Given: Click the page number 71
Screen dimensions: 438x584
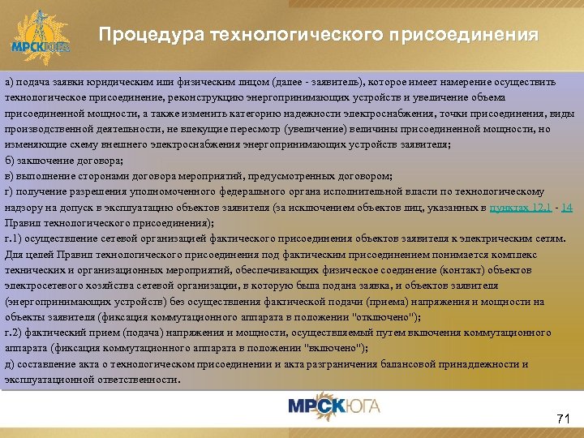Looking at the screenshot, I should (564, 419).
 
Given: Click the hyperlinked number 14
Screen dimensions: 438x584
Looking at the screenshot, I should (567, 207).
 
